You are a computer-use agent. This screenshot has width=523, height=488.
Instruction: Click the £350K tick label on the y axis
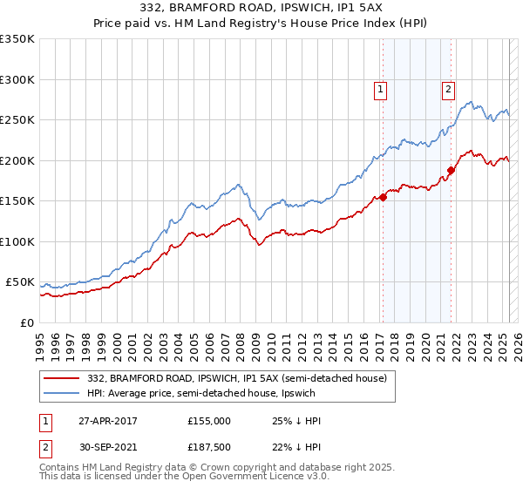tap(17, 39)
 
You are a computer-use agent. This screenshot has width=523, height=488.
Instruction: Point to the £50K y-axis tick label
tap(20, 282)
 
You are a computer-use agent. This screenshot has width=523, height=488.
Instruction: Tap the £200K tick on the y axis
tap(17, 160)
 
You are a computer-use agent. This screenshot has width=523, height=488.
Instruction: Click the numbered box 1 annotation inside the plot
tap(381, 88)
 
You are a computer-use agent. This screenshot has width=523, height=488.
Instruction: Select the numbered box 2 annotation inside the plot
tap(448, 88)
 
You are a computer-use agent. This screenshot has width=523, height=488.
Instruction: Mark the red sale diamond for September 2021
tap(451, 170)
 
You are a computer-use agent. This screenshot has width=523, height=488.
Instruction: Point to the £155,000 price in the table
tap(208, 421)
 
